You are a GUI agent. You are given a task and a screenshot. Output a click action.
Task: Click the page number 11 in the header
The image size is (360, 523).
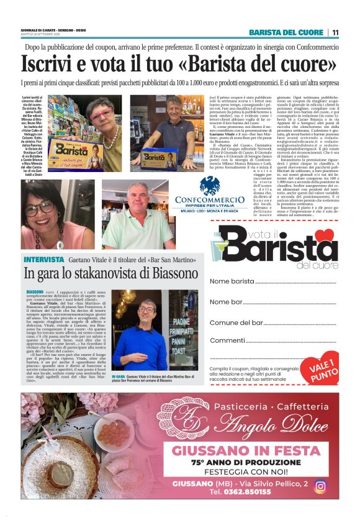pyautogui.click(x=335, y=33)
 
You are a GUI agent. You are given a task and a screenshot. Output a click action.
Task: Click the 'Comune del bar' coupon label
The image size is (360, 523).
pyautogui.click(x=236, y=323)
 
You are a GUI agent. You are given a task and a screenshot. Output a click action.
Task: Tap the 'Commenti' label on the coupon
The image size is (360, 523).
pyautogui.click(x=227, y=341)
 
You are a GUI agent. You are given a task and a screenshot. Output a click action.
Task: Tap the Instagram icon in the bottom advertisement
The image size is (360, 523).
pyautogui.click(x=320, y=486)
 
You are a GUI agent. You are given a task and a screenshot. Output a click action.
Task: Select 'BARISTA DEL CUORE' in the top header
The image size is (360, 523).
pyautogui.click(x=286, y=33)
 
